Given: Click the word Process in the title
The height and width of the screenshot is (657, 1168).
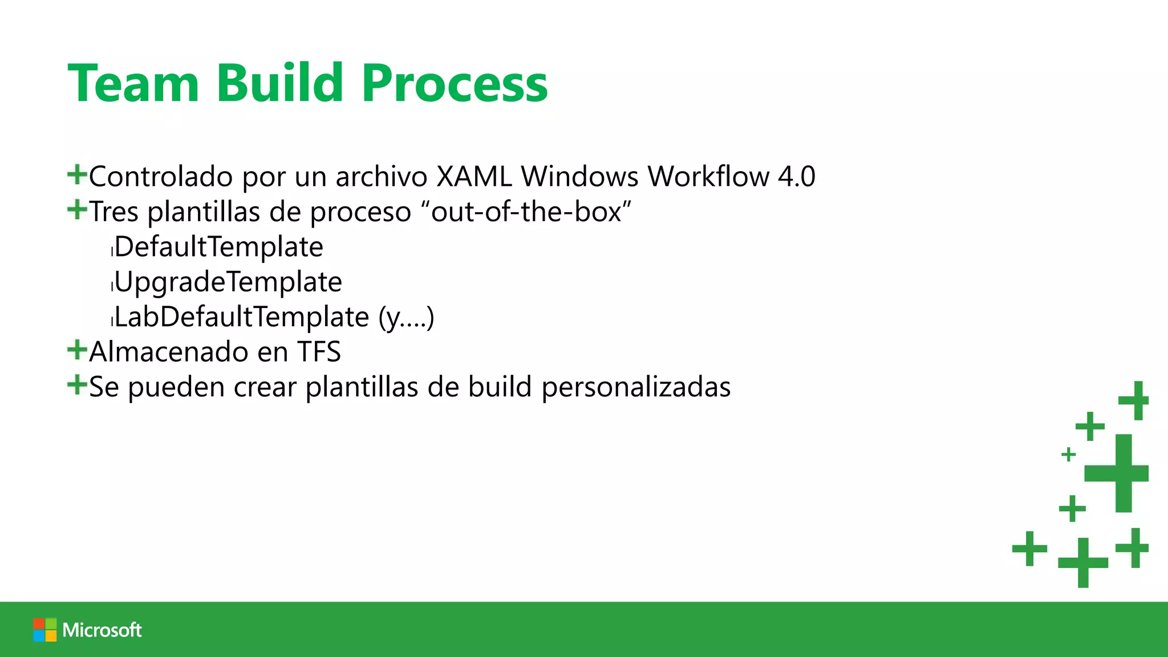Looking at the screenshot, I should [454, 84].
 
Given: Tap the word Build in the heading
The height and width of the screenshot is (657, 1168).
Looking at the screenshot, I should [279, 84].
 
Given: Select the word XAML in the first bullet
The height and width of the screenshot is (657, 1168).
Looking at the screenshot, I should [473, 176].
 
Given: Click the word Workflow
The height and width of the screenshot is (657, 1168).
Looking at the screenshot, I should [708, 176].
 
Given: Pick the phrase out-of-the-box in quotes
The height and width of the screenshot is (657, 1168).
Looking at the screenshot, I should [526, 212].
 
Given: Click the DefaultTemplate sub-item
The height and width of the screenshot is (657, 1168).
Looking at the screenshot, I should [219, 247].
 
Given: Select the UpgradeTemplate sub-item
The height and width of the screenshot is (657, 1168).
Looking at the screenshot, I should [228, 282].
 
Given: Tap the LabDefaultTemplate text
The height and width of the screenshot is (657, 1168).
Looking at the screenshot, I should [242, 317].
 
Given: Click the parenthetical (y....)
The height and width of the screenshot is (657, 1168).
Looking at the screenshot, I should [406, 318].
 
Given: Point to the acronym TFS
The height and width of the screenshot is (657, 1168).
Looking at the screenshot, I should [319, 352].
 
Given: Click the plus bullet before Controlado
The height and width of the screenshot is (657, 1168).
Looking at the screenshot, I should [76, 174].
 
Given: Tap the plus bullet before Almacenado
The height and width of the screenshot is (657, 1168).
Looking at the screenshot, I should [76, 350].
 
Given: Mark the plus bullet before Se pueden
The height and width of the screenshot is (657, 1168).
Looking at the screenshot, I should [76, 385].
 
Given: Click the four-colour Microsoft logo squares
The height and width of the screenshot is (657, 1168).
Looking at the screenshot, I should [44, 630].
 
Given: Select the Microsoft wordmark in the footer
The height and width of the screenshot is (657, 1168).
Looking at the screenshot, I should [102, 630].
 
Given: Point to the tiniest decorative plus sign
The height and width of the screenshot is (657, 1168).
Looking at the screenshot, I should [1068, 455].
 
